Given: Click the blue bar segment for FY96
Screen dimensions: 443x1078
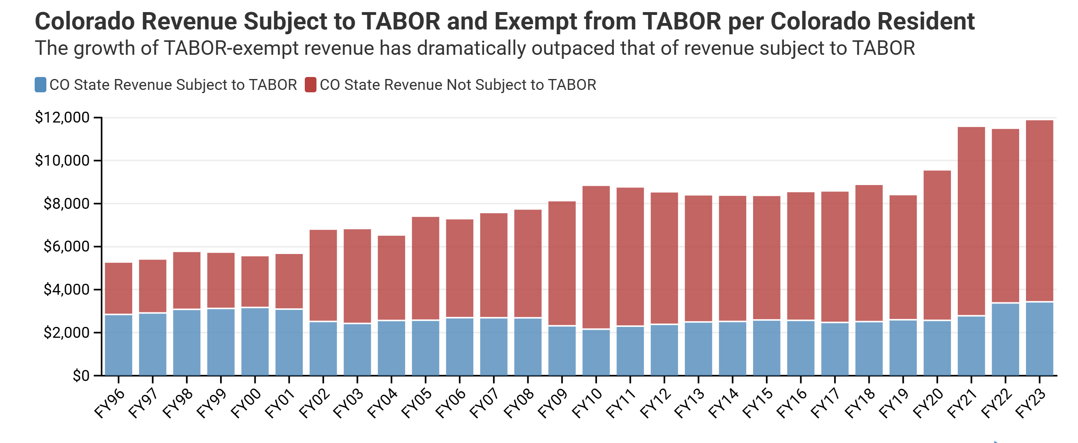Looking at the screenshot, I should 119,345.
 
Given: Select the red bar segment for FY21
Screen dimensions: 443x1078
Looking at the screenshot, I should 971,221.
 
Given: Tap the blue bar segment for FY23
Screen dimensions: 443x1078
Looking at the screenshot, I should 1039,339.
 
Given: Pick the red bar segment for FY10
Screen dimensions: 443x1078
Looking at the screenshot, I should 596,257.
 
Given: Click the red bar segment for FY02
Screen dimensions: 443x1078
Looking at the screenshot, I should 323,275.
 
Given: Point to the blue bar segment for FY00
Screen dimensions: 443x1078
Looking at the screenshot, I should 255,341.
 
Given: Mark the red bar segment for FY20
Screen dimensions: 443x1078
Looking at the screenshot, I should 937,245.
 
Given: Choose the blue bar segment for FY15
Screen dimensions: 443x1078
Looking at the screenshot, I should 766,347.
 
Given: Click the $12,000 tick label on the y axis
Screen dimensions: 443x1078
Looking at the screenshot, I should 62,118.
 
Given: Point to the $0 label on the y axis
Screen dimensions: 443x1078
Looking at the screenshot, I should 81,376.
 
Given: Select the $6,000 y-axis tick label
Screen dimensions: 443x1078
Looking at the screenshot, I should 67,246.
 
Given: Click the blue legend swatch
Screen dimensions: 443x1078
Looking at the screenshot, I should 40,85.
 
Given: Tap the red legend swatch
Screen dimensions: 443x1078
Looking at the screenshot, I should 310,85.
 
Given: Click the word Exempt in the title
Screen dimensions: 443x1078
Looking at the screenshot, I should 535,22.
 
